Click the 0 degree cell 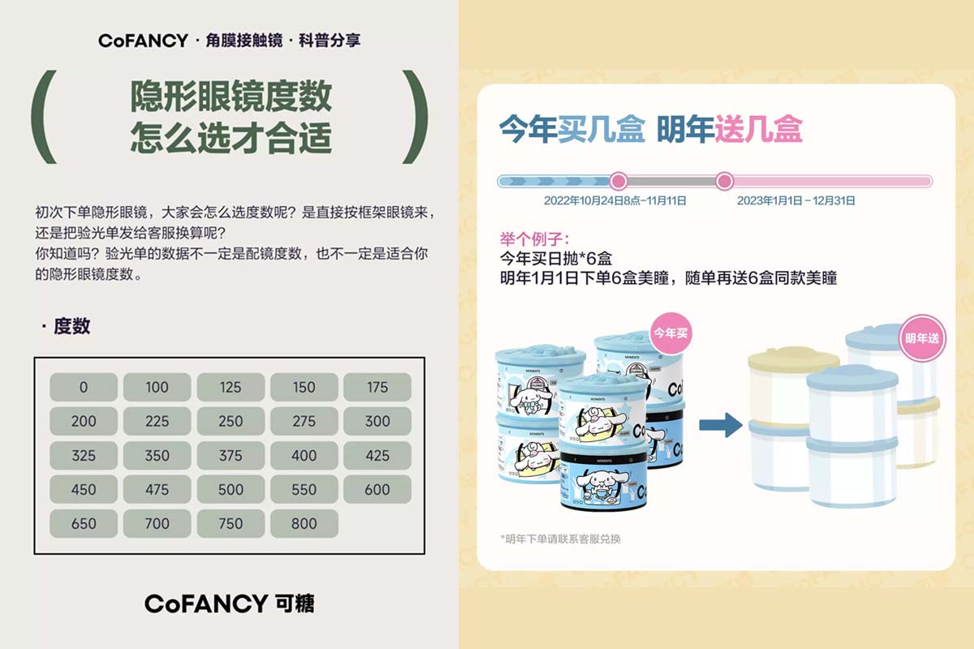click(84, 387)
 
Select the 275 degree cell click(304, 421)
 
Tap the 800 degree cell click(304, 523)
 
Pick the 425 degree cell click(377, 455)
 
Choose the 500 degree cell click(231, 489)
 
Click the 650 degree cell click(84, 523)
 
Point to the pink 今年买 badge click(670, 333)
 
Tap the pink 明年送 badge click(922, 337)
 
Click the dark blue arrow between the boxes click(721, 425)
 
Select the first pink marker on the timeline click(618, 181)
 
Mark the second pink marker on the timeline click(724, 181)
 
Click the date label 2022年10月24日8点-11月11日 click(615, 201)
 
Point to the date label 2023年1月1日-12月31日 click(795, 201)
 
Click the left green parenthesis click(42, 117)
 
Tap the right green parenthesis click(416, 117)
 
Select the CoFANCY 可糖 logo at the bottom click(229, 604)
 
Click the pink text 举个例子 click(534, 239)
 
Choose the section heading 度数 click(71, 326)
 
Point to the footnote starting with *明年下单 click(561, 539)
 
